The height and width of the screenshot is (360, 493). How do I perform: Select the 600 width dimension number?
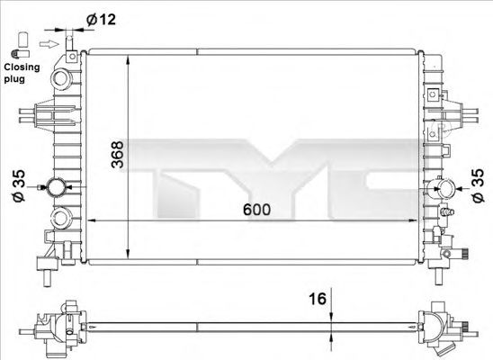(255, 210)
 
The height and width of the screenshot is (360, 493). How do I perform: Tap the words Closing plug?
(20, 73)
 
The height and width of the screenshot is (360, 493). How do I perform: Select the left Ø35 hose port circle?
(59, 189)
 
